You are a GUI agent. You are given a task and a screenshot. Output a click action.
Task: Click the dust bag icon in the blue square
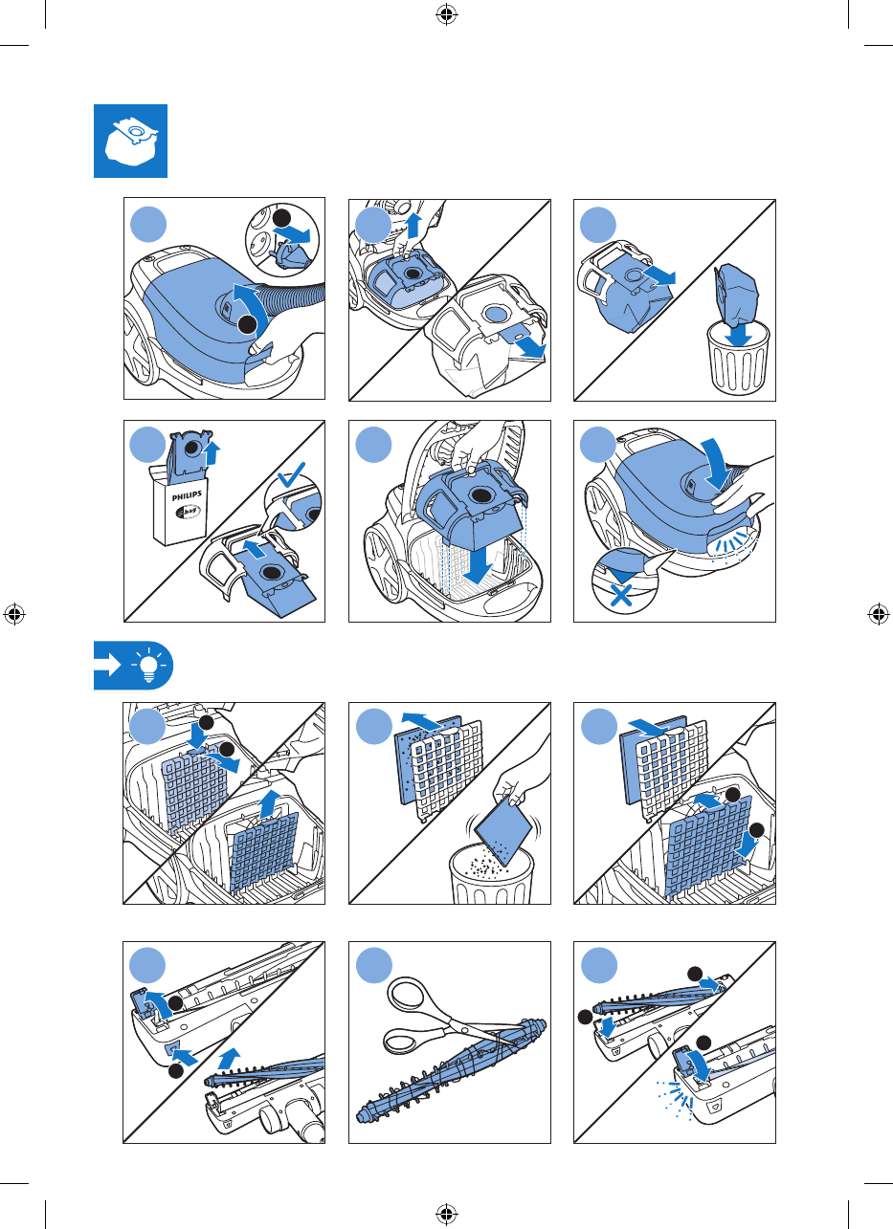(x=131, y=143)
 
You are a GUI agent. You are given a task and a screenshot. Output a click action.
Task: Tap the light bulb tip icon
(x=148, y=665)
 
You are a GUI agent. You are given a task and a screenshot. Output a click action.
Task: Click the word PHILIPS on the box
(x=187, y=496)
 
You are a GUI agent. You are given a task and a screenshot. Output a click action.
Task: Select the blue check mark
(x=291, y=474)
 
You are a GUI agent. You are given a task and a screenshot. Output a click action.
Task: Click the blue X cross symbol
(x=621, y=595)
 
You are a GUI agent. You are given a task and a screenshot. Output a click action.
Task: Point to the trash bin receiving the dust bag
(x=738, y=357)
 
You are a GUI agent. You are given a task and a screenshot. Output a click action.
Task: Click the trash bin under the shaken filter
(x=492, y=874)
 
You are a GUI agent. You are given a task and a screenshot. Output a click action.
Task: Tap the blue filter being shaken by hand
(x=503, y=829)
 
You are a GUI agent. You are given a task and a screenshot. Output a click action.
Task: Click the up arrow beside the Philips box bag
(x=212, y=453)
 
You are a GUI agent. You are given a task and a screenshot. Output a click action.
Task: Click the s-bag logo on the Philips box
(x=188, y=513)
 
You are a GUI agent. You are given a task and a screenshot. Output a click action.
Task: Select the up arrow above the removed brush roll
(x=230, y=1059)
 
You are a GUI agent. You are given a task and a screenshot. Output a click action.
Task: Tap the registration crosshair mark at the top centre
(x=446, y=14)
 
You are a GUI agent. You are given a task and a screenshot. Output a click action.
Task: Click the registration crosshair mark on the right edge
(x=878, y=614)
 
